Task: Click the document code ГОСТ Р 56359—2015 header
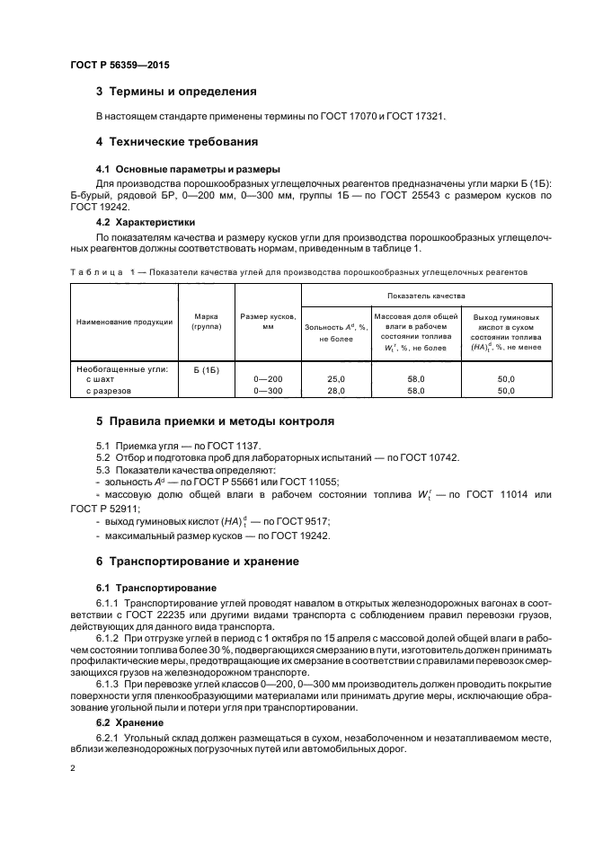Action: click(x=119, y=65)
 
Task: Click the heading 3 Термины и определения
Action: click(x=177, y=92)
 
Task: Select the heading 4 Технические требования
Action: click(x=177, y=142)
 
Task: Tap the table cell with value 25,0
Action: click(x=336, y=380)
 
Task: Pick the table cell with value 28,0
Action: click(x=336, y=391)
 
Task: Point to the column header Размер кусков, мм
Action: click(x=268, y=322)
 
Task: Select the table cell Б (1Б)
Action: click(x=207, y=369)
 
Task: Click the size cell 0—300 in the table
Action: click(x=268, y=391)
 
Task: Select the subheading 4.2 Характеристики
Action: click(x=146, y=221)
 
